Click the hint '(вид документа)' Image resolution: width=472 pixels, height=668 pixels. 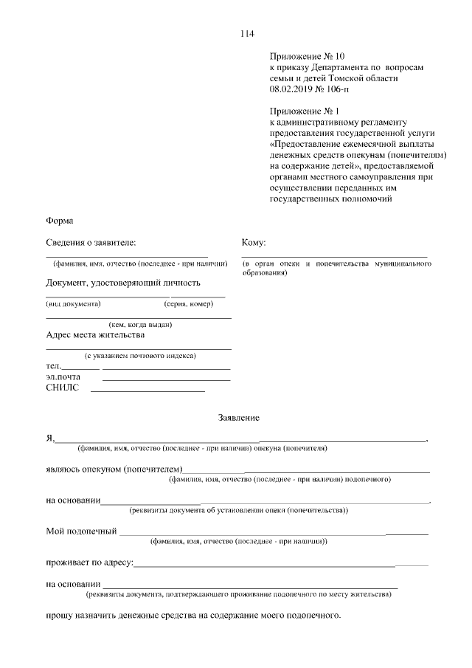[x=73, y=303]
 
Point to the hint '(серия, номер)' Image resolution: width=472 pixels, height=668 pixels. [x=188, y=303]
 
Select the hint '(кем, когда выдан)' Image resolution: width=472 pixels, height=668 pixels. [x=140, y=324]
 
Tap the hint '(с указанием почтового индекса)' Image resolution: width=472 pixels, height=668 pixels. [x=139, y=356]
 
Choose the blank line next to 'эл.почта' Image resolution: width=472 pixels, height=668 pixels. [x=166, y=379]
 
